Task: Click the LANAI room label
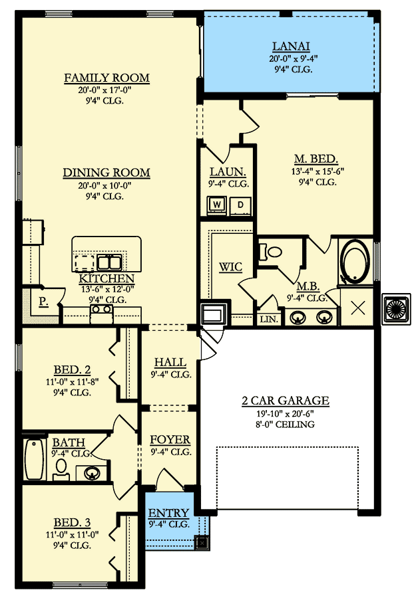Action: (291, 46)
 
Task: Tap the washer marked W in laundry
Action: (217, 205)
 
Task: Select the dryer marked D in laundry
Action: (240, 205)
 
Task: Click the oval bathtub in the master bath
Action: (355, 262)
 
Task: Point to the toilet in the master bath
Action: (271, 251)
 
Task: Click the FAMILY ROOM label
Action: (106, 78)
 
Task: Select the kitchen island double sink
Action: (109, 262)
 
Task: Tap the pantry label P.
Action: (43, 302)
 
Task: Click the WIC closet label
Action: (230, 266)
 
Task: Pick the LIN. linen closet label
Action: (269, 319)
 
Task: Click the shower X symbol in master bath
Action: (357, 308)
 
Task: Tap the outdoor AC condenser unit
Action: (397, 309)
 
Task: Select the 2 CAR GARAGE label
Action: (286, 401)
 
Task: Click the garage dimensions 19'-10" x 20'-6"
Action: (286, 413)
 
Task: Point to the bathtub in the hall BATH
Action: (34, 458)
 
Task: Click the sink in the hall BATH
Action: (92, 473)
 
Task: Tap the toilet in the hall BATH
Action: (61, 469)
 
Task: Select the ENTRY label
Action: (168, 513)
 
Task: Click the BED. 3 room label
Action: (73, 522)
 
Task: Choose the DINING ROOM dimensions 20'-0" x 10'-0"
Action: (105, 186)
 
